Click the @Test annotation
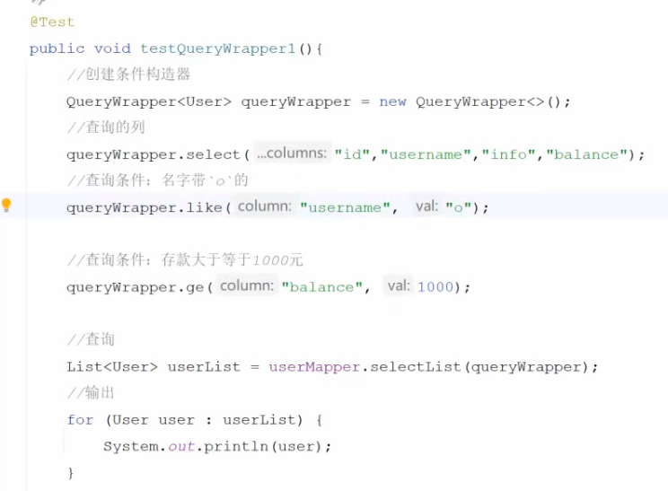coord(52,22)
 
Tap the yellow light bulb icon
coord(7,206)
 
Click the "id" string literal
coord(353,154)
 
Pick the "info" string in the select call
coord(508,154)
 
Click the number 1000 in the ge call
coord(435,287)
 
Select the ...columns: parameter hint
coord(292,153)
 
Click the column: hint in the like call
coord(264,206)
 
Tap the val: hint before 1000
coord(398,286)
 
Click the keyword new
coord(392,101)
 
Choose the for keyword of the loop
coord(80,420)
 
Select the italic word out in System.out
coord(182,447)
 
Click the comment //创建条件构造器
coord(128,75)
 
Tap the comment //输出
coord(91,393)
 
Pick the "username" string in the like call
coord(346,207)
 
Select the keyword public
coord(57,48)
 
